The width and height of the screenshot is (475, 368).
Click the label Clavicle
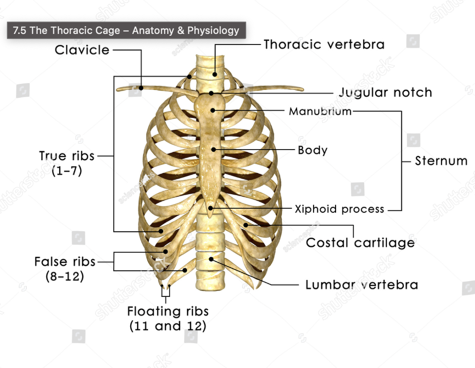[82, 50]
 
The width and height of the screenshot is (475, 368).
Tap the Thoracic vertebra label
[324, 44]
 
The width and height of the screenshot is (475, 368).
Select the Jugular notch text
[385, 92]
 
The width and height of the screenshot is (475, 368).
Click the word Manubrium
[320, 111]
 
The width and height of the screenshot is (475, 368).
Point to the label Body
[313, 150]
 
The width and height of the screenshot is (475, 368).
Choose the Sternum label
[441, 161]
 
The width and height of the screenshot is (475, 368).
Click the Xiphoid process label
[339, 209]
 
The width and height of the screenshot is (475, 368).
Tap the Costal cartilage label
[360, 242]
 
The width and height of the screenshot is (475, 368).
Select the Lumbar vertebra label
[361, 284]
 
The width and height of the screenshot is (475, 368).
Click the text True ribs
[67, 156]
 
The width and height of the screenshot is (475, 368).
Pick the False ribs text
[65, 262]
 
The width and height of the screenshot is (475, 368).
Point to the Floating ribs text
[168, 311]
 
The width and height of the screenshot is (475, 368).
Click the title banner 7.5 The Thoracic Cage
[126, 31]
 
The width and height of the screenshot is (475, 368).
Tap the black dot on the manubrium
[213, 110]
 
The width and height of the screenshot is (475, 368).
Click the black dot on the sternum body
[213, 149]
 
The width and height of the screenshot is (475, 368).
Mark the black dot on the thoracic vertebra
[215, 73]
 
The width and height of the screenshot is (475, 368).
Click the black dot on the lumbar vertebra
[211, 259]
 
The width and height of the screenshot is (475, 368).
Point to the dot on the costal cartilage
[246, 225]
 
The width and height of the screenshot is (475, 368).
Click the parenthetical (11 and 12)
[168, 326]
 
